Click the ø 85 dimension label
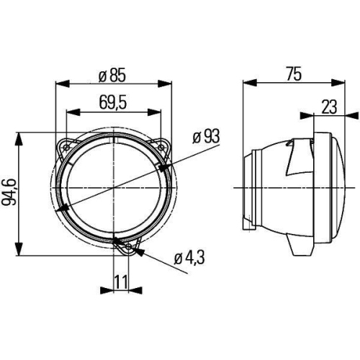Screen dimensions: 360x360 pyautogui.click(x=113, y=73)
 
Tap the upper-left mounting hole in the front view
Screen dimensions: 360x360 pyautogui.click(x=66, y=144)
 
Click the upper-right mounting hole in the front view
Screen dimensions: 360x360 pyautogui.click(x=162, y=144)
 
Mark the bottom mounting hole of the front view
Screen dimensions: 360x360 pyautogui.click(x=128, y=249)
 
